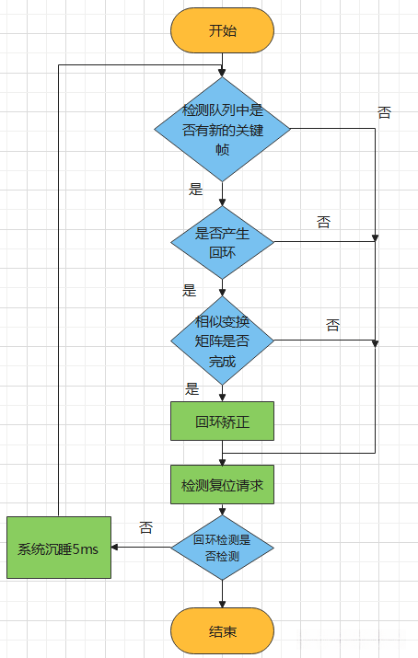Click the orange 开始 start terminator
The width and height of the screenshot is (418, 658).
point(222,30)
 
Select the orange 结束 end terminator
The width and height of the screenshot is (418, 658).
point(222,631)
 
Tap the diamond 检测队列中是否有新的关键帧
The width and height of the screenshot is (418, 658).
point(222,128)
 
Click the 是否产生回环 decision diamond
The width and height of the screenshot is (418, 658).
point(222,241)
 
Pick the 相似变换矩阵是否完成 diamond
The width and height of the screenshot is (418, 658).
point(222,341)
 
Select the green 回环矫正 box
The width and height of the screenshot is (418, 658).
point(222,422)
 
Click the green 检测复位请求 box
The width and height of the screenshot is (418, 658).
point(222,483)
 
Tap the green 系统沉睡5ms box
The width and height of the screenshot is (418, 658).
point(59,548)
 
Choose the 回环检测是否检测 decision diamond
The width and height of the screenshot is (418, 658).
point(222,548)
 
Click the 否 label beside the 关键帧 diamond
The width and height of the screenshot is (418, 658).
point(384,112)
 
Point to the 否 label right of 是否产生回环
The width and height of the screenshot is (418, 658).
point(324,222)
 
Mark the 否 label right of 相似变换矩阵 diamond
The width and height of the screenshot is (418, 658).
point(332,325)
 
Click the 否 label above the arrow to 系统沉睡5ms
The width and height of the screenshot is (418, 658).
point(145,528)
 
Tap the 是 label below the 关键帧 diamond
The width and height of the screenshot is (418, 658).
point(195,190)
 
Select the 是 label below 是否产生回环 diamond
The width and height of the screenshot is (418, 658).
point(190,290)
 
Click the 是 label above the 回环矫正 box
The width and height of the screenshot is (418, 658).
point(192,388)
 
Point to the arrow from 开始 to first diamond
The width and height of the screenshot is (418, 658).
point(222,64)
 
